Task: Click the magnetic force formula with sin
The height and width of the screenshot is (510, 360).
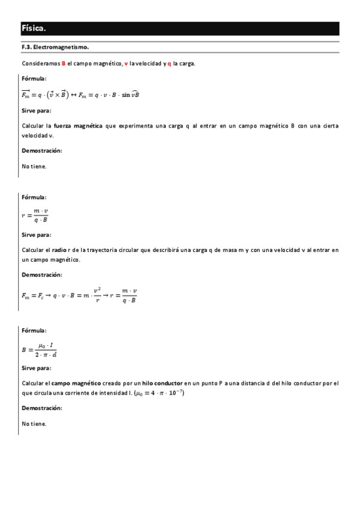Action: (x=80, y=94)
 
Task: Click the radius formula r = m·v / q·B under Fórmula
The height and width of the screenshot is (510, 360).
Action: (x=35, y=215)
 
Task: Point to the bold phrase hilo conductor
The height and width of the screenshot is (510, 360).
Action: (x=162, y=383)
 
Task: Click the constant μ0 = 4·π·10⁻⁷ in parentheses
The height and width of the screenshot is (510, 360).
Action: (x=159, y=393)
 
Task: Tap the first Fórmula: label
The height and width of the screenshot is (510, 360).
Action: (x=34, y=78)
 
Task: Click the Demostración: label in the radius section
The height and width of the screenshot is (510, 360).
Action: (x=41, y=275)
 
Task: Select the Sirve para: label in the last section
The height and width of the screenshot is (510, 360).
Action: (x=36, y=368)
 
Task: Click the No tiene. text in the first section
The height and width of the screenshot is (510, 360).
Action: (x=34, y=166)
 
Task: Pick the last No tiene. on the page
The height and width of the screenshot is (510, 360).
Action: (x=34, y=423)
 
